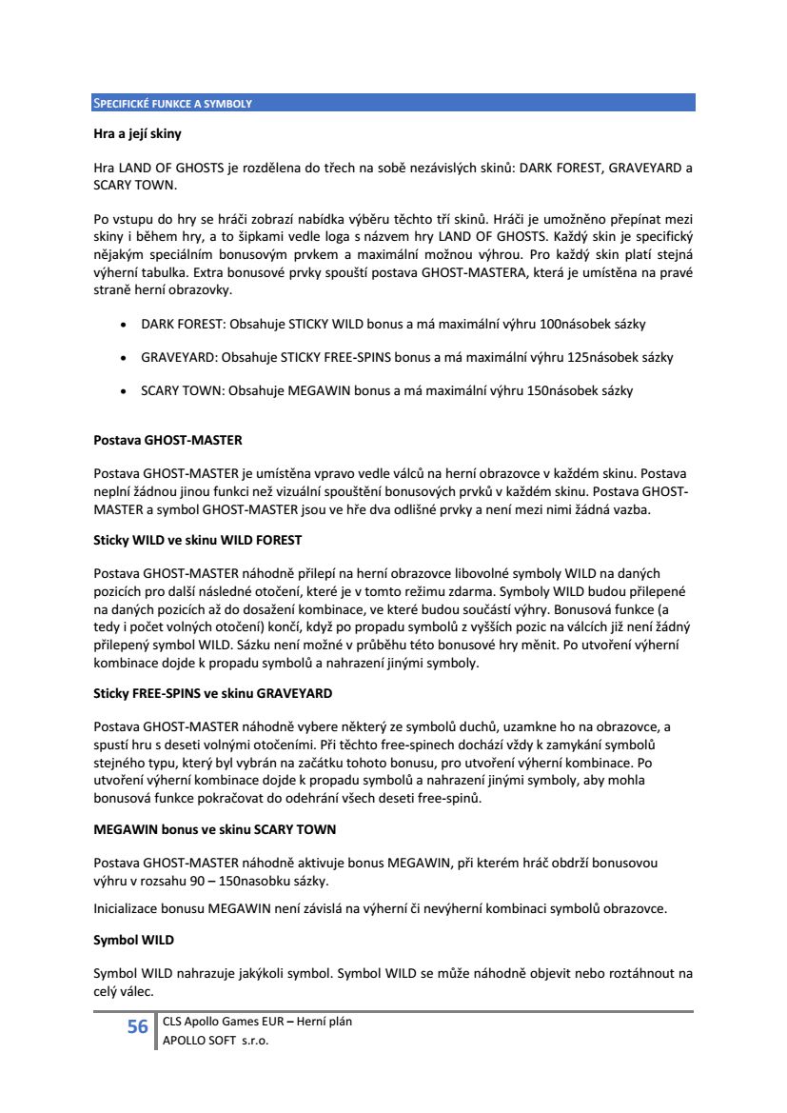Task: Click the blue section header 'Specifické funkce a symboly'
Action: pyautogui.click(x=172, y=103)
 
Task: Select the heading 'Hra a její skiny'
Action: pyautogui.click(x=137, y=134)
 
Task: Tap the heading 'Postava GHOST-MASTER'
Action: pyautogui.click(x=167, y=440)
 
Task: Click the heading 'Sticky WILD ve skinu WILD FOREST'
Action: pyautogui.click(x=197, y=540)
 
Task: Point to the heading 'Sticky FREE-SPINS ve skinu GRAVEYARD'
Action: pyautogui.click(x=212, y=692)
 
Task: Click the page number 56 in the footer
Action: pyautogui.click(x=137, y=1027)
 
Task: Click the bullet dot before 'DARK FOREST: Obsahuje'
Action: pyautogui.click(x=125, y=325)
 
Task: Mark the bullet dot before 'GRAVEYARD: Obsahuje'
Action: pyautogui.click(x=125, y=358)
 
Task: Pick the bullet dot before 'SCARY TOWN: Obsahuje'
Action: pyautogui.click(x=125, y=391)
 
